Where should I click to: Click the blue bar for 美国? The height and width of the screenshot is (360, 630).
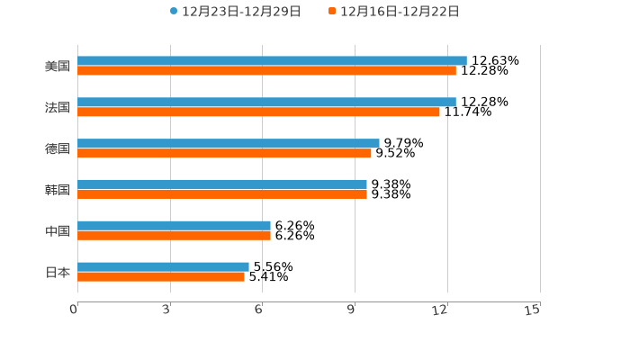(x=272, y=61)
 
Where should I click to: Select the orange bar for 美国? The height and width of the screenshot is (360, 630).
(x=266, y=70)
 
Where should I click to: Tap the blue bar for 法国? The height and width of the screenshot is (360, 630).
(x=266, y=103)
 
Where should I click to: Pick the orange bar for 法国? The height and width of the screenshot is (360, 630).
(x=258, y=112)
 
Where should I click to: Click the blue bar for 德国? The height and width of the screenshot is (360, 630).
(x=229, y=143)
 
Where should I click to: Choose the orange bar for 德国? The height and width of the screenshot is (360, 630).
(x=224, y=153)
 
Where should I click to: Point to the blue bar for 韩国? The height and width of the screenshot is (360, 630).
(x=222, y=184)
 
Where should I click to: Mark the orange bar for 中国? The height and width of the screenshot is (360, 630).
(x=174, y=235)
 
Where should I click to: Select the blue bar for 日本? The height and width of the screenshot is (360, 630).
(x=163, y=266)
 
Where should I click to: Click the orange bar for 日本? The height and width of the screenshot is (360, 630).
(x=161, y=276)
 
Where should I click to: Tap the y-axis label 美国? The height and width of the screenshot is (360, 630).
(x=58, y=66)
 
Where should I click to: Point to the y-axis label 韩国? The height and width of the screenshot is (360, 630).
(x=58, y=190)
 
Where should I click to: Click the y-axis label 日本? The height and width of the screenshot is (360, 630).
(x=58, y=272)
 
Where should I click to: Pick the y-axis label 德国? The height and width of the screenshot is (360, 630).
(x=58, y=148)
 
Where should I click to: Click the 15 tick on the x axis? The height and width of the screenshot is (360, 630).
(x=533, y=310)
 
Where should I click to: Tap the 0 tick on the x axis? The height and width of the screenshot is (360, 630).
(x=74, y=310)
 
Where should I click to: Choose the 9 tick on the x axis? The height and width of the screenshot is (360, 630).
(x=351, y=310)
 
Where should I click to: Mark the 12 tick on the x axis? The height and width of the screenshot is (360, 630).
(x=440, y=310)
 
